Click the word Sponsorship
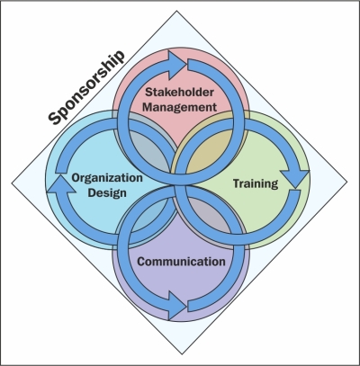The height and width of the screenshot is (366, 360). point(86,87)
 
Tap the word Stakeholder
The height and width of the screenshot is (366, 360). point(179,92)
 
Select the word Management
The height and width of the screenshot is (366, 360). point(179,107)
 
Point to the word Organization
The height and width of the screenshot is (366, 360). point(107,178)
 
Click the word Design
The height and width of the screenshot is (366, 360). point(107,192)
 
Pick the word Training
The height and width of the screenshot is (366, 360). point(256,183)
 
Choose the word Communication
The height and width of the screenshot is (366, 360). point(181,262)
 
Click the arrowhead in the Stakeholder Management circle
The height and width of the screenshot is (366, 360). point(177,65)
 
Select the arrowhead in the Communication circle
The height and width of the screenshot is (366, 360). point(177,306)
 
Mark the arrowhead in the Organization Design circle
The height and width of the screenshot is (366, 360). point(61,184)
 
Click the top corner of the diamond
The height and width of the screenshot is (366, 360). point(176,11)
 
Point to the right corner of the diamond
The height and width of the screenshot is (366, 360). point(347,182)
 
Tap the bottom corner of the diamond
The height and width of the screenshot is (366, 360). point(182,354)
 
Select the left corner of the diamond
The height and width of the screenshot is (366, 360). point(12,183)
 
